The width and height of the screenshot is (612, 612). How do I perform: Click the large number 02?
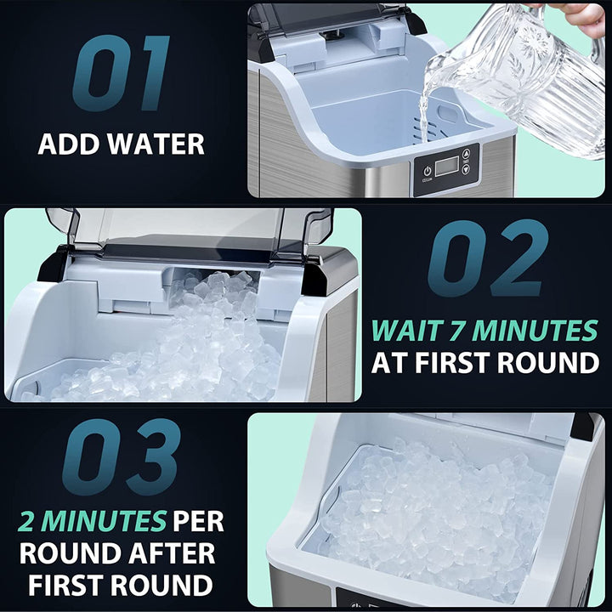[x=487, y=259]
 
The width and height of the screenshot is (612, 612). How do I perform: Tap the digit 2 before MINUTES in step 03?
[x=30, y=520]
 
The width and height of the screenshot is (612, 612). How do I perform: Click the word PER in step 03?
[x=198, y=520]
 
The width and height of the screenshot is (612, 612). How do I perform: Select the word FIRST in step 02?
[x=464, y=363]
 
